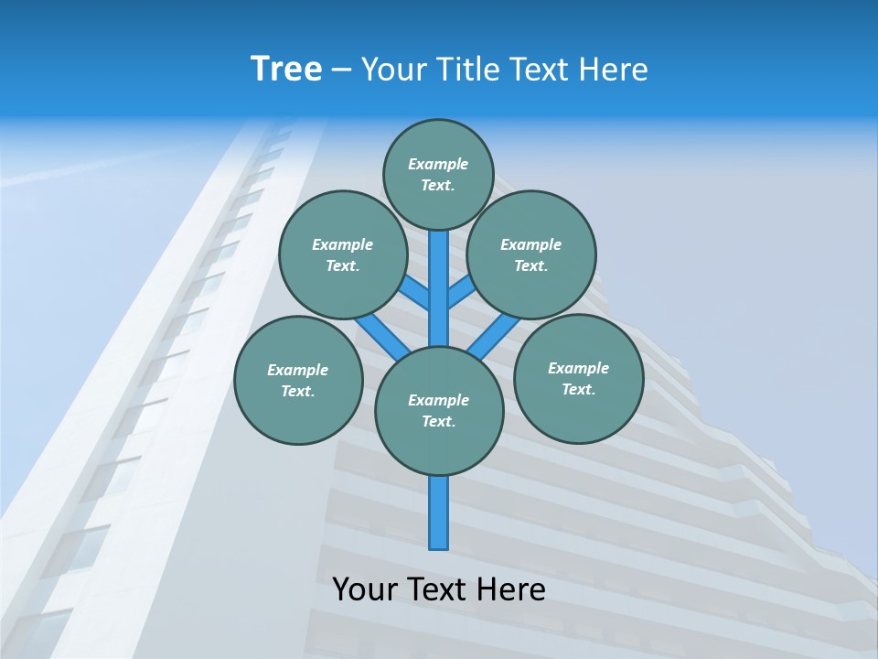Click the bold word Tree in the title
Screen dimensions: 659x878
coord(286,69)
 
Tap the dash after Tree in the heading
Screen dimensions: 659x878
coord(341,70)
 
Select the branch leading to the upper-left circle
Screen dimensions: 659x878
coord(416,293)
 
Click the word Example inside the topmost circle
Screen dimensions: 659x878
coord(438,164)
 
